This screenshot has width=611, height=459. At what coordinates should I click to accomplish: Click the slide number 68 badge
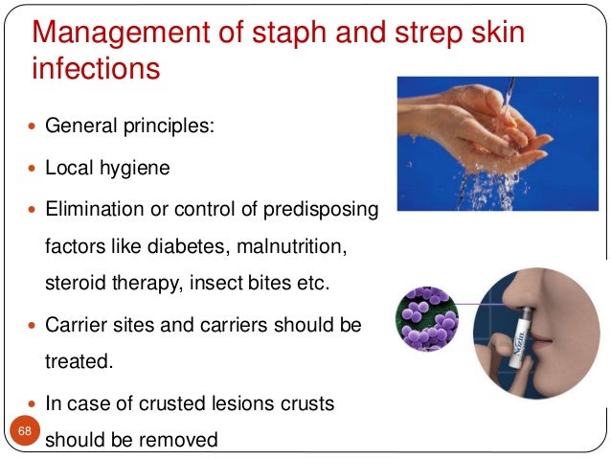tap(25, 432)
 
